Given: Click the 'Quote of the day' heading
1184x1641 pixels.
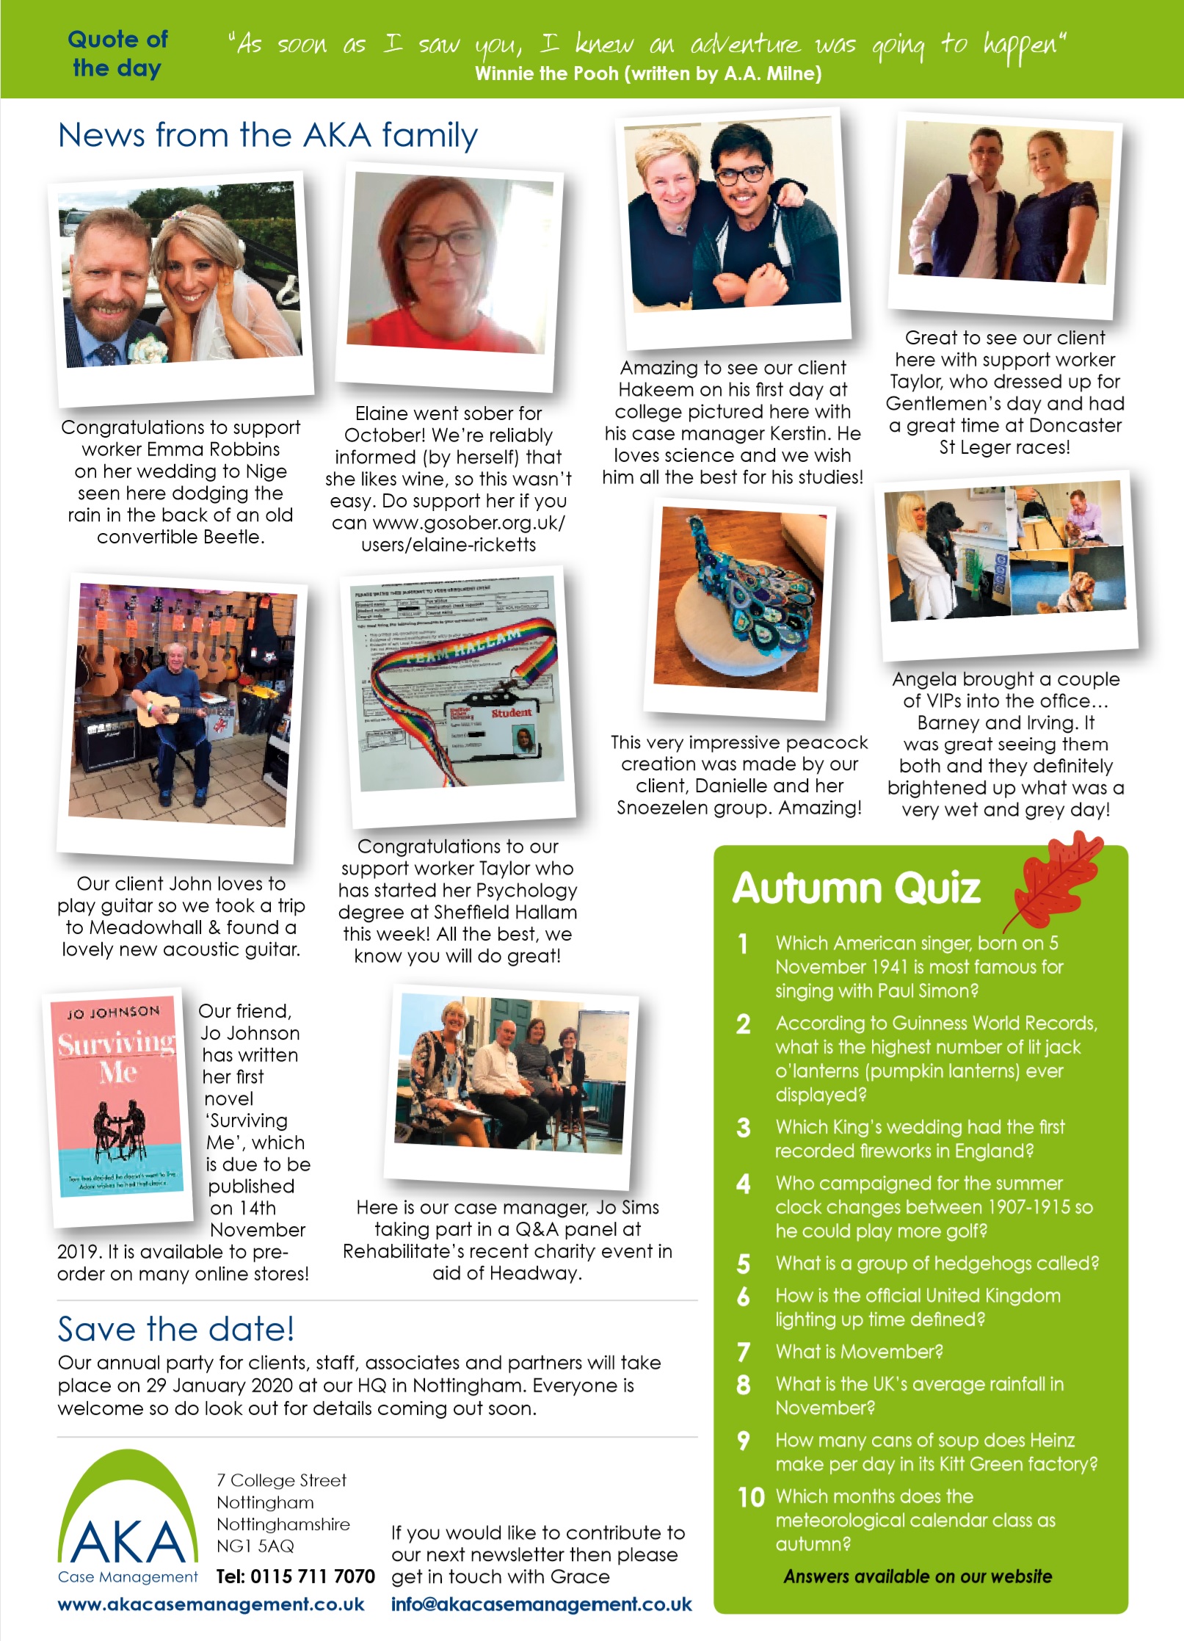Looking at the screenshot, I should (x=117, y=53).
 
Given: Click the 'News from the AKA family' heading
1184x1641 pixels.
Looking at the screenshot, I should (x=268, y=136).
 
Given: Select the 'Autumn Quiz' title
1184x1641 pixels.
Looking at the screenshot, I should (x=856, y=888).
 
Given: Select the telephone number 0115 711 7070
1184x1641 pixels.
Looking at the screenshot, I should (x=295, y=1576).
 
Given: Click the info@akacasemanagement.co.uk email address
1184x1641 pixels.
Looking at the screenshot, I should (x=541, y=1604).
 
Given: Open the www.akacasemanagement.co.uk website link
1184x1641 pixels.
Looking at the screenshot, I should (x=211, y=1604).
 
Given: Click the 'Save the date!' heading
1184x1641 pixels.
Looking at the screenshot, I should (x=176, y=1330).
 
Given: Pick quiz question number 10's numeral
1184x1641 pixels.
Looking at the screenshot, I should (x=751, y=1497).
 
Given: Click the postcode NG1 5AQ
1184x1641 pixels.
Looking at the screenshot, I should (x=255, y=1546).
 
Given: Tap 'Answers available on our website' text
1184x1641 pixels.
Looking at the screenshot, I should (x=918, y=1576).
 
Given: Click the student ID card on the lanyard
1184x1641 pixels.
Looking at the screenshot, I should (x=493, y=731).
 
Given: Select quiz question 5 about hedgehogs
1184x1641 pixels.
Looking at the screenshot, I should (x=937, y=1263).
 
